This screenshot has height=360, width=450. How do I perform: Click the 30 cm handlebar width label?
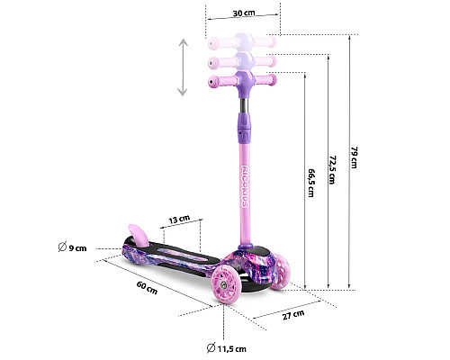click(x=244, y=13)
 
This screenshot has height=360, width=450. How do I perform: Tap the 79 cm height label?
click(x=354, y=157)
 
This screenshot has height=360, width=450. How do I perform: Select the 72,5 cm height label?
click(x=332, y=169)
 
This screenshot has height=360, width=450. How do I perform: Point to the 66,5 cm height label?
click(x=311, y=183)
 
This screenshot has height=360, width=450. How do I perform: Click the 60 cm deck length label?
click(x=147, y=287)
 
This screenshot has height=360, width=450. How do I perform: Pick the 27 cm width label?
click(x=293, y=315)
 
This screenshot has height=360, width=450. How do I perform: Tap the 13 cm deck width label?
click(x=179, y=220)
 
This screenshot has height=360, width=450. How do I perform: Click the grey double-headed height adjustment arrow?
click(x=183, y=67)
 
